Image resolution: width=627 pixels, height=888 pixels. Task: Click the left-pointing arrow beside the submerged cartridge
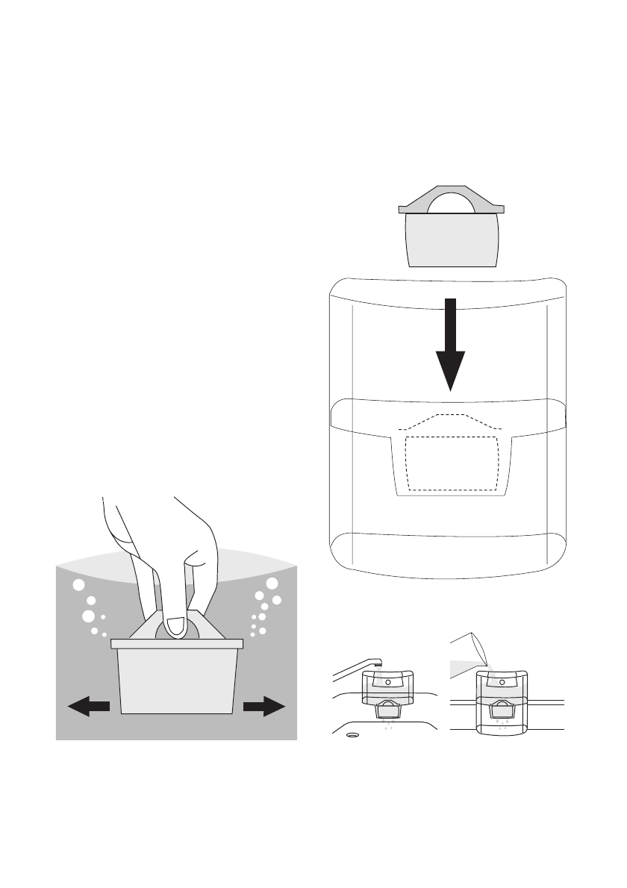coord(88,705)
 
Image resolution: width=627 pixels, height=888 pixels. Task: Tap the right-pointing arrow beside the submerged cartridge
coord(264,705)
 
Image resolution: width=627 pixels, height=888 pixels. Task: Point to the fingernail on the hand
coord(176,627)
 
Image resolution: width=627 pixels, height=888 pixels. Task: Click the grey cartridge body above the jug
coord(450,240)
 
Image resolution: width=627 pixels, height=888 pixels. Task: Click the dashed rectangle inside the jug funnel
coord(451,463)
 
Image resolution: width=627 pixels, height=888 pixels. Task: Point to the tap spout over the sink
coord(358,668)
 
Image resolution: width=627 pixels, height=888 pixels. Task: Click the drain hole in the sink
coord(352,736)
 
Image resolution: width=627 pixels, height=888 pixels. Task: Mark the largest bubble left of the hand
coord(87,616)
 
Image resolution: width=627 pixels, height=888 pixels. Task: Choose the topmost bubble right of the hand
coord(272,584)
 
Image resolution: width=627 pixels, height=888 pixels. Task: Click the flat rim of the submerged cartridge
coord(177,642)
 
